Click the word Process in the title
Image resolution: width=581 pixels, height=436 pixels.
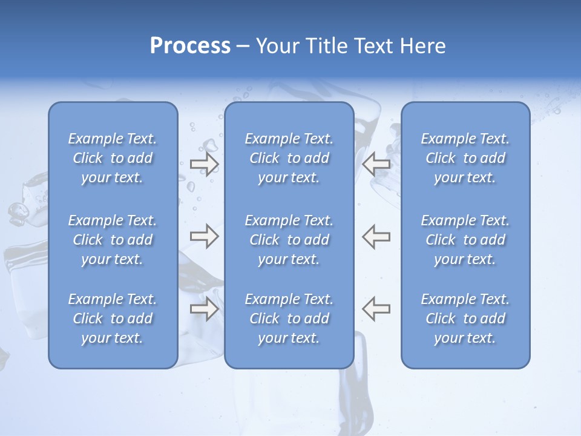pyautogui.click(x=190, y=46)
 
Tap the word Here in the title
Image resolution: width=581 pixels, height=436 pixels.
pyautogui.click(x=423, y=46)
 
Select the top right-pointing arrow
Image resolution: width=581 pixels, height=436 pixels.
pyautogui.click(x=204, y=163)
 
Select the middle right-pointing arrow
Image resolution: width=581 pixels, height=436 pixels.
pyautogui.click(x=204, y=236)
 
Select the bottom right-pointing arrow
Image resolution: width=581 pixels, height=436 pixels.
pyautogui.click(x=204, y=309)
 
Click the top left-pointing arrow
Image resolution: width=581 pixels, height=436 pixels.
pyautogui.click(x=376, y=163)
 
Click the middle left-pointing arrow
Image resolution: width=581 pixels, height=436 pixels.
pyautogui.click(x=376, y=236)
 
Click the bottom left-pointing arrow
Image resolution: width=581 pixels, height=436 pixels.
pyautogui.click(x=376, y=309)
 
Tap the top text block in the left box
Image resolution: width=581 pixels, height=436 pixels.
pyautogui.click(x=113, y=158)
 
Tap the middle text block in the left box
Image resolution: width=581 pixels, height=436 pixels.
pyautogui.click(x=113, y=240)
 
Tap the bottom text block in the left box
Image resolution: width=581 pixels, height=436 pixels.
pyautogui.click(x=113, y=319)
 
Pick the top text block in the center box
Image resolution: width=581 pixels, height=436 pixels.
pyautogui.click(x=289, y=158)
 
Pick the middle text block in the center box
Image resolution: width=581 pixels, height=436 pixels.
pyautogui.click(x=289, y=240)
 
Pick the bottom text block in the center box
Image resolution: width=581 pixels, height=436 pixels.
pyautogui.click(x=289, y=319)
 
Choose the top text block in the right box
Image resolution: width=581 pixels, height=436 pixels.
pyautogui.click(x=465, y=158)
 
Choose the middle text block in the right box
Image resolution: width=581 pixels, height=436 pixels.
pyautogui.click(x=465, y=240)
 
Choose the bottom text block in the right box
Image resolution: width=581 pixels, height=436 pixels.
pyautogui.click(x=465, y=319)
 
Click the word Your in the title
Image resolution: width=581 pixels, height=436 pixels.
pyautogui.click(x=275, y=46)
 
